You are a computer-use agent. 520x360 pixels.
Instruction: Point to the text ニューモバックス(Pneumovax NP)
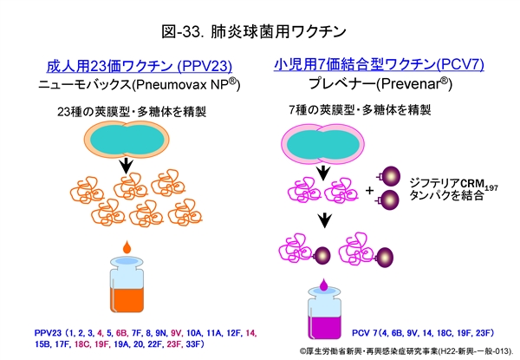138,86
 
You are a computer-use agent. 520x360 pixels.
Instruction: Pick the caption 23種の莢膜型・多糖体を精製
130,111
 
